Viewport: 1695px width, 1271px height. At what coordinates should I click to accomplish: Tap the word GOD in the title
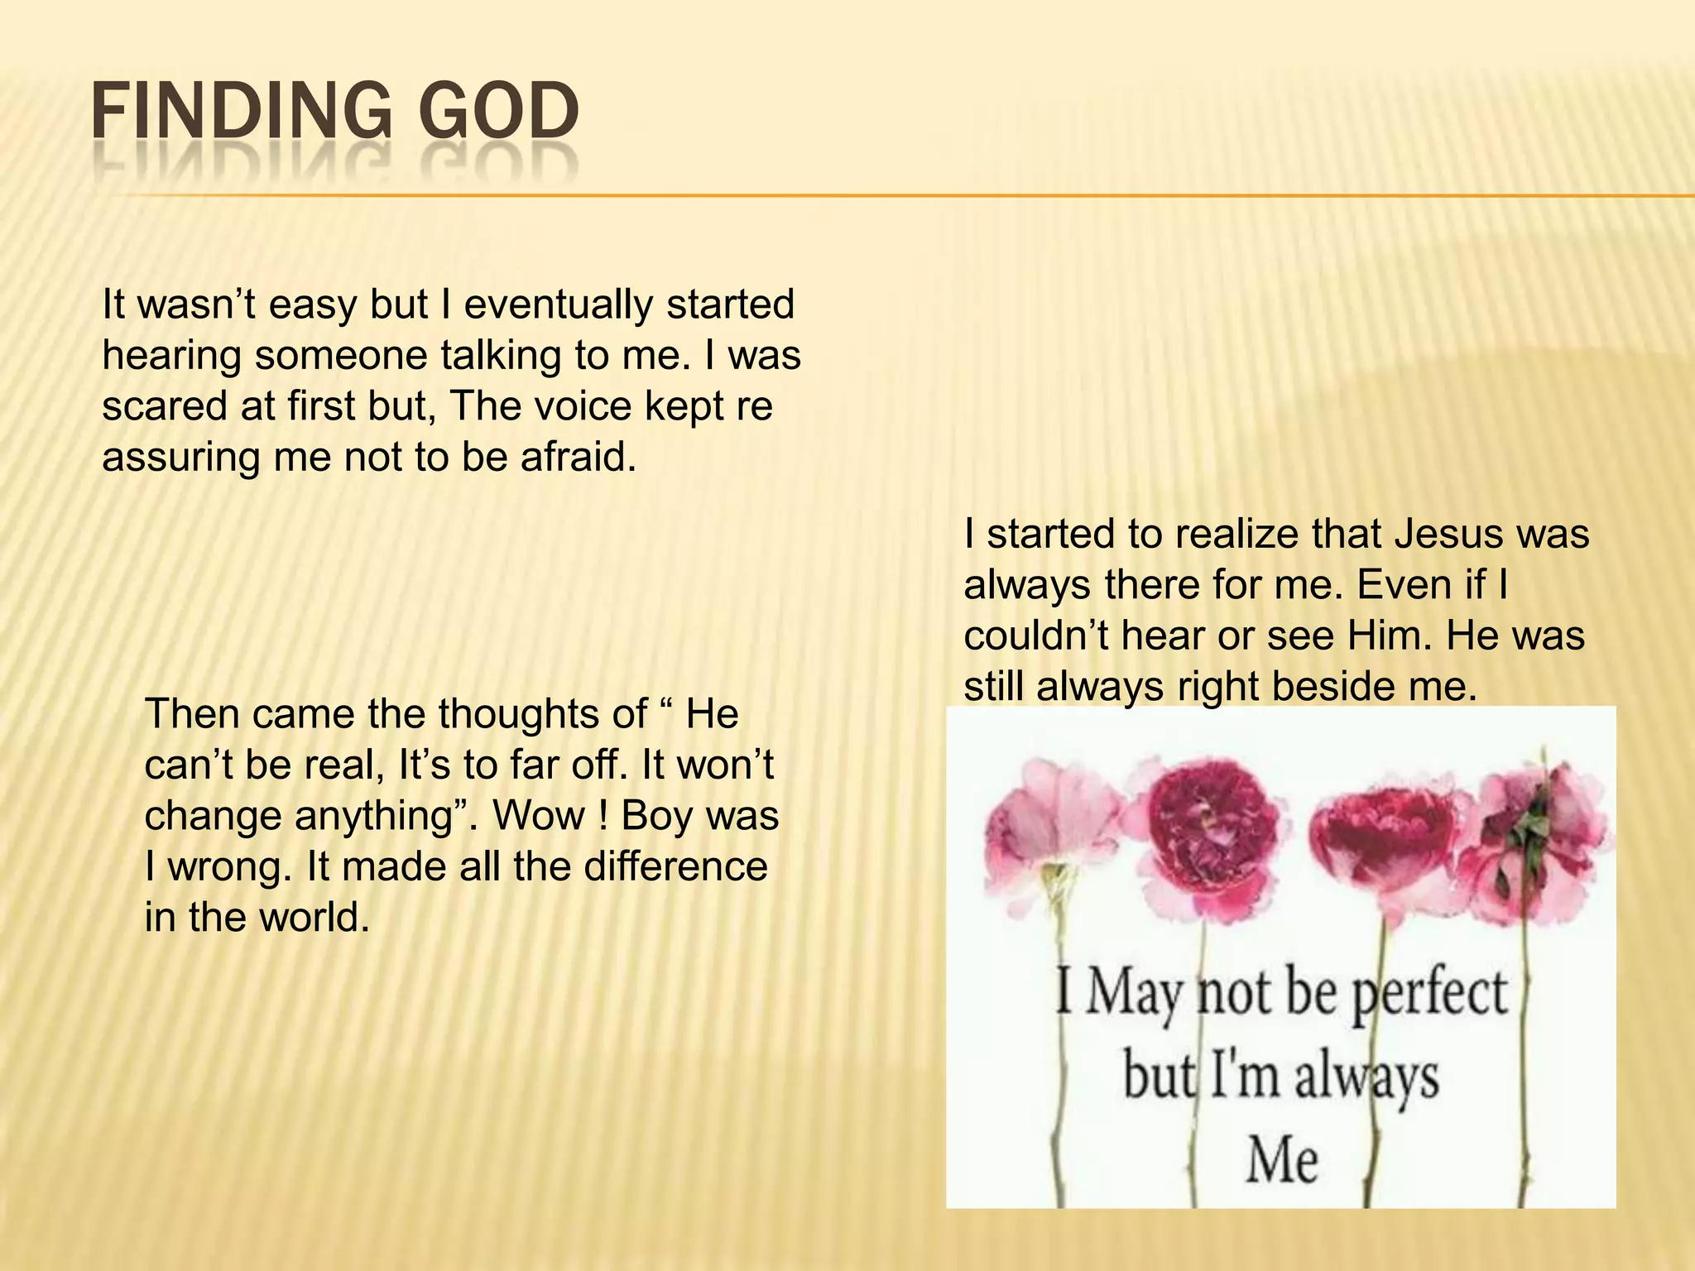(x=497, y=112)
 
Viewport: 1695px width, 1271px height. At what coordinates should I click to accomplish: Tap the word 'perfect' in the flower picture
(x=1429, y=994)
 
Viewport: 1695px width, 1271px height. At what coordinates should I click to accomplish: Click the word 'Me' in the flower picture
(x=1282, y=1161)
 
